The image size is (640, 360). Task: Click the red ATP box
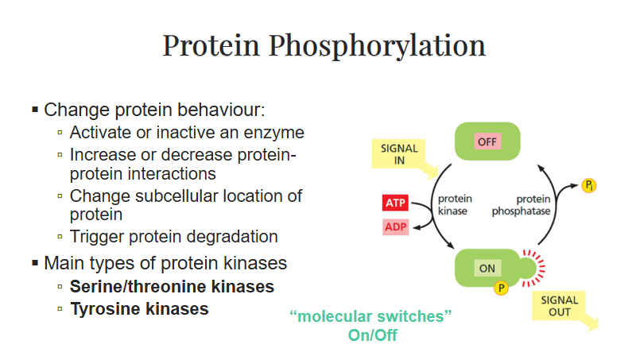[395, 203]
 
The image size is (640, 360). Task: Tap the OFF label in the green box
[486, 141]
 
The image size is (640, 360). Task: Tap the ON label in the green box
[487, 268]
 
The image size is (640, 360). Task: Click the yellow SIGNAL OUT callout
[559, 307]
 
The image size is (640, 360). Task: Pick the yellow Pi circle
[588, 186]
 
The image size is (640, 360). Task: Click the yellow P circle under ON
[501, 288]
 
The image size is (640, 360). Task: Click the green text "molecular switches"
[372, 317]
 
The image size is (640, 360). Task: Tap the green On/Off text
[372, 335]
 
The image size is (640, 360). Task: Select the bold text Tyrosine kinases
[139, 308]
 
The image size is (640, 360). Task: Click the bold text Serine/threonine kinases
[172, 285]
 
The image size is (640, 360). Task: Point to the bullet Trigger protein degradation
[173, 236]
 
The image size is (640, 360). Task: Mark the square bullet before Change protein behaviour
[35, 108]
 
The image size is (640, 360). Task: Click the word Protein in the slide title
[211, 45]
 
